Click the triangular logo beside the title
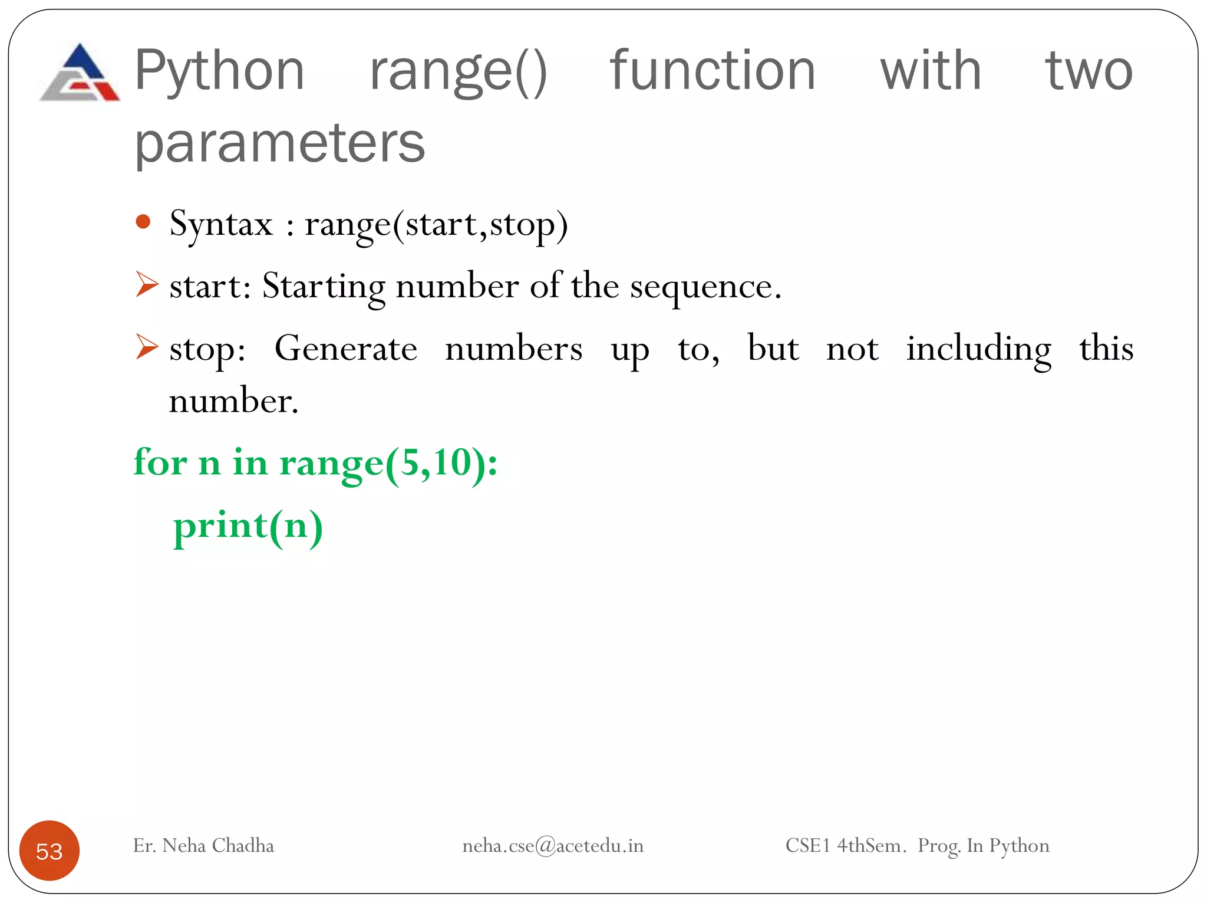point(80,73)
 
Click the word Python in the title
point(219,71)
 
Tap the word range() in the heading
point(459,72)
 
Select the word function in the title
point(712,71)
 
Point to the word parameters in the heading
point(279,143)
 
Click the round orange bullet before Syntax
point(143,222)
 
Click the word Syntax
point(221,225)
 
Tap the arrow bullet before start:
point(146,284)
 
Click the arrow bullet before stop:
point(146,346)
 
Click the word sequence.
point(705,287)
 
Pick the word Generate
point(346,348)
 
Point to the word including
point(978,349)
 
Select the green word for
point(160,462)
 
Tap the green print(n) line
point(248,526)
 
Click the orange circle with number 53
point(50,851)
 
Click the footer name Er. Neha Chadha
point(203,845)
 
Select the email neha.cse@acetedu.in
point(553,846)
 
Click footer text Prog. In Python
point(983,846)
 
